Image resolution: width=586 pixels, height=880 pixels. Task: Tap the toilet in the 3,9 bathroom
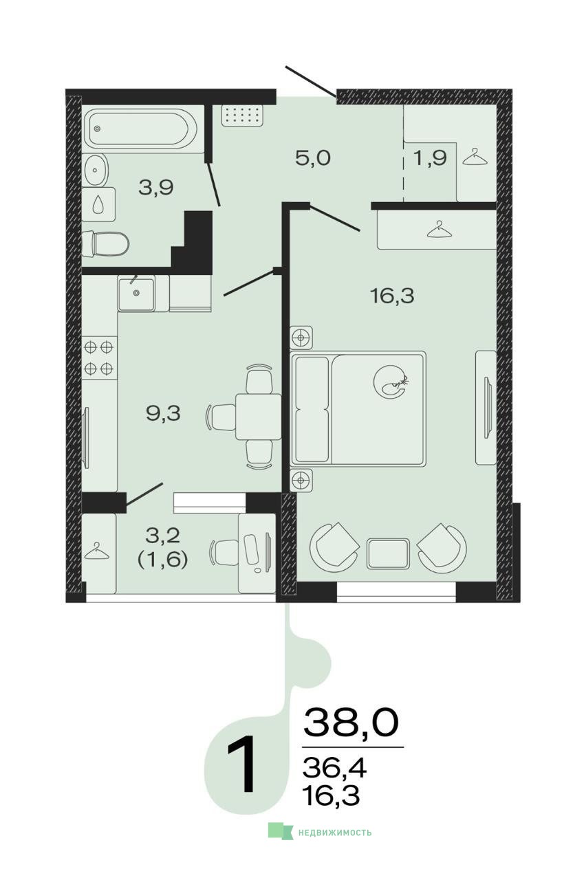pos(105,243)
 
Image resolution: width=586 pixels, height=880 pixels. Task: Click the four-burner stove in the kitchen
pos(99,358)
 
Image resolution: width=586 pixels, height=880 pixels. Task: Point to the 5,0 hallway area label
pos(313,158)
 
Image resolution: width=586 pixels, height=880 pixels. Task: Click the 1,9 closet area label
pos(431,158)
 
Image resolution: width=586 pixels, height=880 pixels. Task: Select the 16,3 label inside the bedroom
pos(392,296)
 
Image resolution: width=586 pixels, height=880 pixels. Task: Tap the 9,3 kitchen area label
pos(163,413)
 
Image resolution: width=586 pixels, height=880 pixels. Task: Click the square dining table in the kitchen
pos(258,417)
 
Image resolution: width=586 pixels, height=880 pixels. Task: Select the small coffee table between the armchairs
pos(388,553)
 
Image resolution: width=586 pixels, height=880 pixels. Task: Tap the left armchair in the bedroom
pos(334,546)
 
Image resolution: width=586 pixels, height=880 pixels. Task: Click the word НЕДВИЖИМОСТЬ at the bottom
pos(334,833)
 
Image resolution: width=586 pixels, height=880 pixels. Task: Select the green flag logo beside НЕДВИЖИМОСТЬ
pos(280,832)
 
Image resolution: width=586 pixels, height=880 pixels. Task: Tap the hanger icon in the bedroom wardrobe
pos(440,230)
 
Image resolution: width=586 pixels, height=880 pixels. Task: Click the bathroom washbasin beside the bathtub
pos(95,170)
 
